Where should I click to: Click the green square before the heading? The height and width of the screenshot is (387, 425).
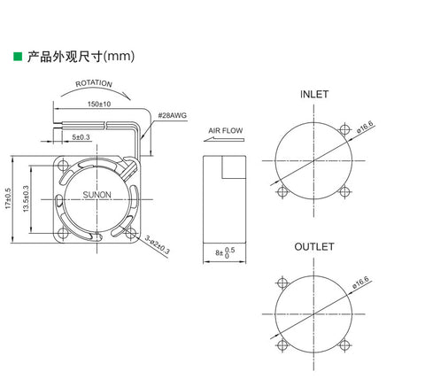point(18,57)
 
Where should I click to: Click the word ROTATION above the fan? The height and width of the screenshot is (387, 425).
point(94,83)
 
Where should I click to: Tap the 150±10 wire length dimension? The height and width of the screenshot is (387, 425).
point(99,104)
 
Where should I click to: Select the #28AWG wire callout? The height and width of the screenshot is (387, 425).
point(173,115)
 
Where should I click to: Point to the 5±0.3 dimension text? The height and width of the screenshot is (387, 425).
point(81,137)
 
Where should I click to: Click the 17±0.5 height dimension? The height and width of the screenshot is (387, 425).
point(8,198)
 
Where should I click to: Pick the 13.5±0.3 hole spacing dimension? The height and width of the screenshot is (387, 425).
point(26,198)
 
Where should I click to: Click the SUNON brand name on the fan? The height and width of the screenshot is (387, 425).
point(97,195)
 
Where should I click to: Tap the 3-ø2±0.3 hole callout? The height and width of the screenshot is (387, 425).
point(158,244)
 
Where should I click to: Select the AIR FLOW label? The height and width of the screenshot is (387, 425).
point(226,130)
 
